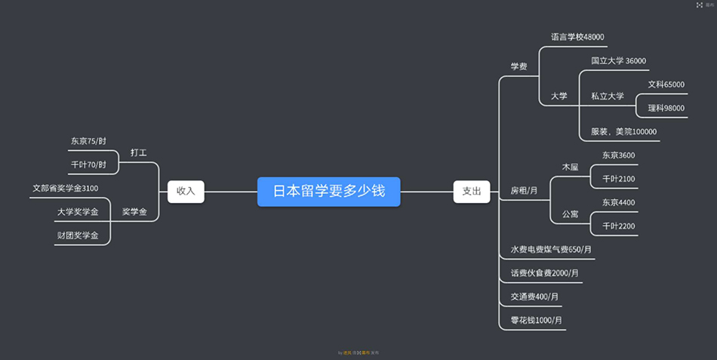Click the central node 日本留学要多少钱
click(328, 191)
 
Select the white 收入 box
click(186, 191)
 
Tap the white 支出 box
click(471, 191)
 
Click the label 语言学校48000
click(577, 37)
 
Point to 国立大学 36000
click(618, 61)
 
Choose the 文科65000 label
click(666, 85)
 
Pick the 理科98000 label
click(666, 109)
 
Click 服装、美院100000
click(623, 132)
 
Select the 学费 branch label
click(519, 66)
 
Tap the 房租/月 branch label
click(524, 190)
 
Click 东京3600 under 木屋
click(618, 155)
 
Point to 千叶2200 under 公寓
click(618, 226)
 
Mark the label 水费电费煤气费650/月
click(551, 250)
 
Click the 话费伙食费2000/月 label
click(544, 273)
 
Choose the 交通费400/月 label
click(534, 297)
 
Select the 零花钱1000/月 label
click(536, 321)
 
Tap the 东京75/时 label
click(88, 141)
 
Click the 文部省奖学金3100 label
click(65, 188)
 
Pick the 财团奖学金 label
click(78, 235)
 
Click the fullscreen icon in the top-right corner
click(700, 5)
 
